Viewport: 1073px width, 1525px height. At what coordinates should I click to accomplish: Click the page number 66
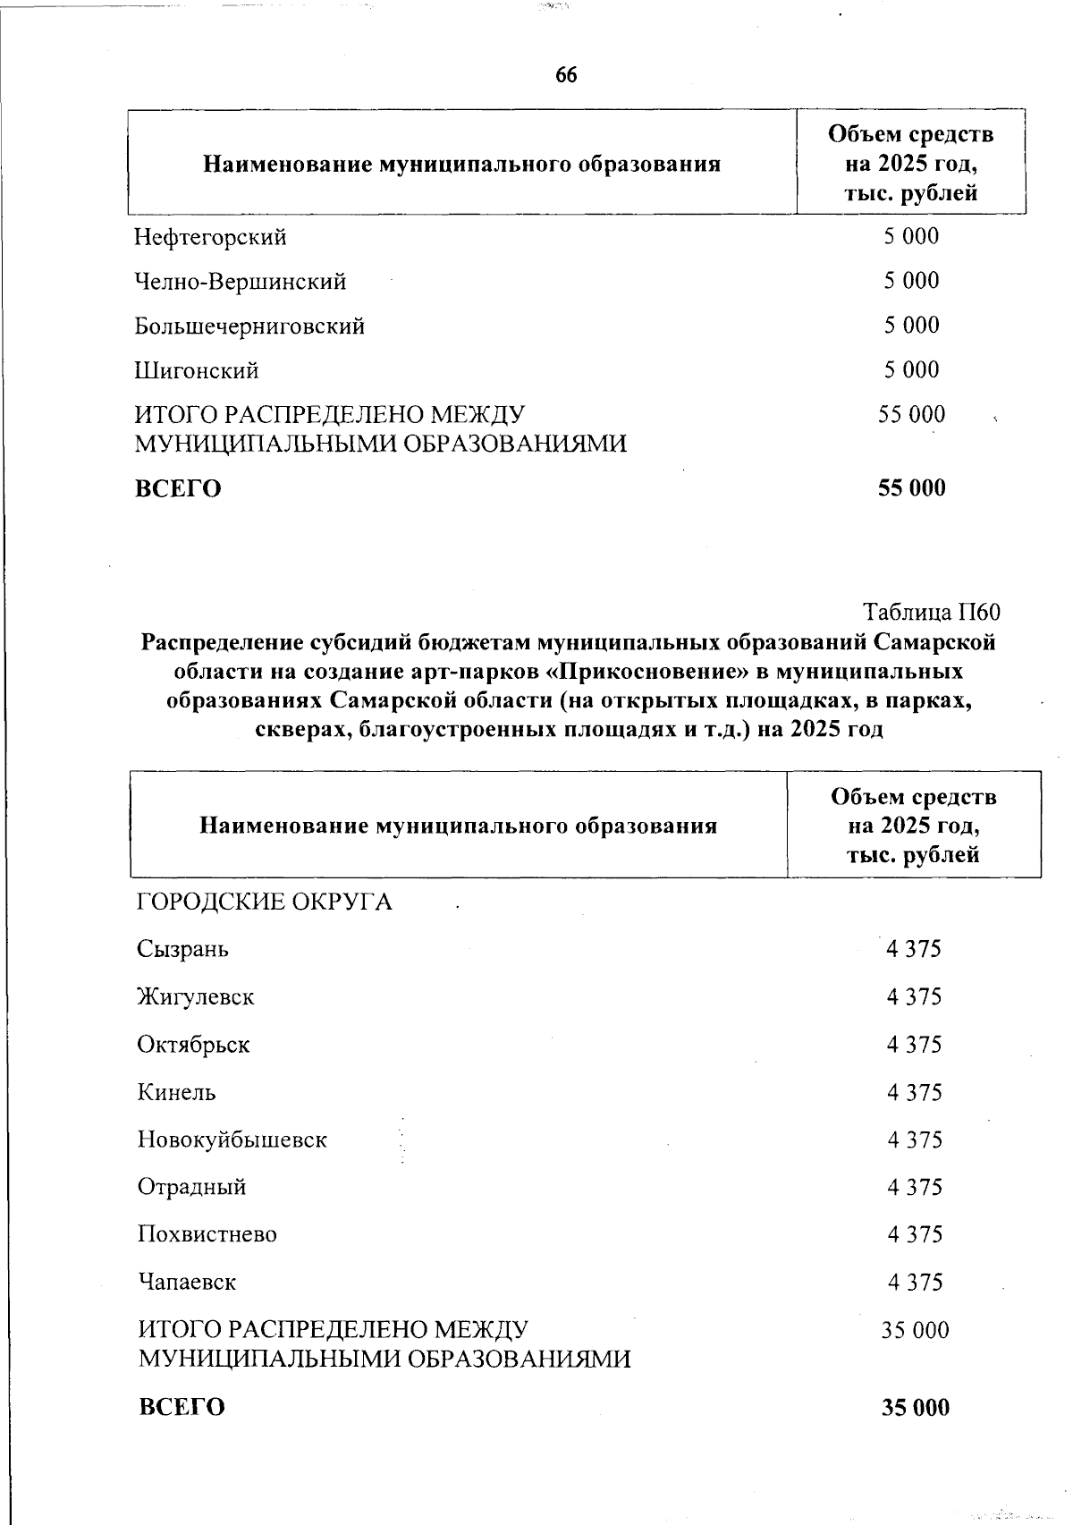[x=566, y=76]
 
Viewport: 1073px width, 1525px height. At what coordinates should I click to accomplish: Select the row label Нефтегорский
[x=211, y=238]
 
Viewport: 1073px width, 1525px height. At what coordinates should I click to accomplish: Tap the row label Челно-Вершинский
[x=241, y=283]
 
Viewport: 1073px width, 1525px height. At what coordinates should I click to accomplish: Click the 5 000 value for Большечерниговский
[x=912, y=326]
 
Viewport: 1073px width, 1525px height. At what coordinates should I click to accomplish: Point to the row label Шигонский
[x=197, y=370]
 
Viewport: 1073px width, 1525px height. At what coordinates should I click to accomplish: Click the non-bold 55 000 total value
[x=911, y=415]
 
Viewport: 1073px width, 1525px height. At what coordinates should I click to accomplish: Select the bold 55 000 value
[x=911, y=488]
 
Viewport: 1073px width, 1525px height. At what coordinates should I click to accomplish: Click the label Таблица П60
[x=931, y=613]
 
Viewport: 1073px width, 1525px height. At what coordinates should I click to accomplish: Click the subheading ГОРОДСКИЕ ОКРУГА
[x=265, y=902]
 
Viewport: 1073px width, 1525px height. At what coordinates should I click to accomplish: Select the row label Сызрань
[x=183, y=950]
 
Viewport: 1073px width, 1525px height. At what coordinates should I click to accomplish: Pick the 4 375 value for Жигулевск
[x=914, y=997]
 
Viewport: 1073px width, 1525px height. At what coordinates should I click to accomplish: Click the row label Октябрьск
[x=194, y=1045]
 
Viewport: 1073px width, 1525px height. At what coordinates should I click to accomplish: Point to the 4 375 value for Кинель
[x=914, y=1093]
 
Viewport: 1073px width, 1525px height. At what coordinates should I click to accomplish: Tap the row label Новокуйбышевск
[x=232, y=1140]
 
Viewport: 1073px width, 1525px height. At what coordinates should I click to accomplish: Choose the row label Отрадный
[x=192, y=1188]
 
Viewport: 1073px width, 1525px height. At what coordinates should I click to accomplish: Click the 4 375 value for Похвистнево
[x=915, y=1235]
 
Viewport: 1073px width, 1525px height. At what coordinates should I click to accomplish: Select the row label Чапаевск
[x=187, y=1283]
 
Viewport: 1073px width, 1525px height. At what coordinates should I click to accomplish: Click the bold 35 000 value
[x=915, y=1408]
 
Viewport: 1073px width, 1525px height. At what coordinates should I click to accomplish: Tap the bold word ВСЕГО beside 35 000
[x=182, y=1408]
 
